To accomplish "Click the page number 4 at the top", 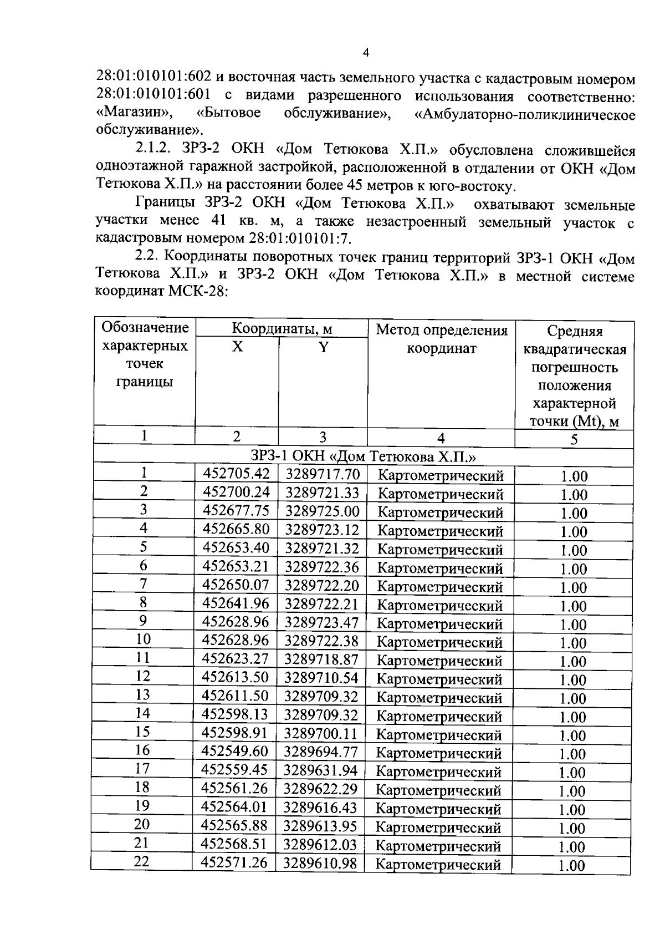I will (x=365, y=53).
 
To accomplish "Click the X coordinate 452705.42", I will (x=236, y=474).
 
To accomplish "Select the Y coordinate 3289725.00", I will (x=322, y=511).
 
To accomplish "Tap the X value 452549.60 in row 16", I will (x=235, y=752).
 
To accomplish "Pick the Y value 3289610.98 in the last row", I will (x=320, y=863).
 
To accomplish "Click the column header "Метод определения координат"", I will (x=442, y=339).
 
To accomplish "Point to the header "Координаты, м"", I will (x=282, y=329).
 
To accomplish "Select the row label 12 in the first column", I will (x=143, y=676).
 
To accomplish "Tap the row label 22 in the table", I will (x=142, y=861).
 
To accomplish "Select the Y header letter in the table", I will (x=323, y=347).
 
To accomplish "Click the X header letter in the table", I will (x=237, y=347).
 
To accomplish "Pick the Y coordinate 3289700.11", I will (x=321, y=733).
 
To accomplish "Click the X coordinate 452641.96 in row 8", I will (x=236, y=603).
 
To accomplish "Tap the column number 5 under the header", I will (x=574, y=439).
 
